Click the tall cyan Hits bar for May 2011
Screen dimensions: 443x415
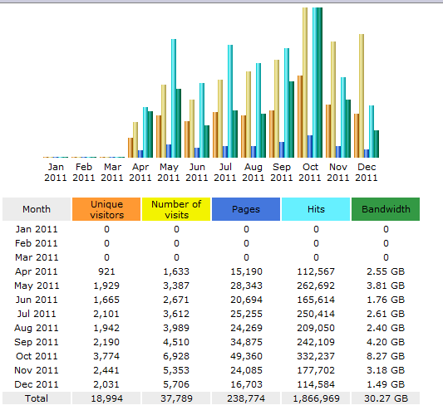pos(174,98)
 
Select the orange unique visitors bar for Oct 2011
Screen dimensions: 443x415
pos(300,116)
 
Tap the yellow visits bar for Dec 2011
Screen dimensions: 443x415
pos(362,96)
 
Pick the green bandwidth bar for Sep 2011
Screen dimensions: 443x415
pos(292,120)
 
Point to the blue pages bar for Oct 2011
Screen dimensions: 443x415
pos(310,146)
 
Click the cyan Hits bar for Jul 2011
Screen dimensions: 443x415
pos(230,101)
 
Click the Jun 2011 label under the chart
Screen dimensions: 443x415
pos(197,173)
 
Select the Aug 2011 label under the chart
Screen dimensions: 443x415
pos(253,173)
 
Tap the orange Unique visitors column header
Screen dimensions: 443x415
pos(106,209)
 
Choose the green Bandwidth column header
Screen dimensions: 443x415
pos(386,209)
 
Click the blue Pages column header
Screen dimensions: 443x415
pos(246,209)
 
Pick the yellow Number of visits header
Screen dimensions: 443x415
pos(176,209)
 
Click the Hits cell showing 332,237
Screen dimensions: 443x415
pos(316,356)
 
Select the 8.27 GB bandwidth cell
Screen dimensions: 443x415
pos(386,356)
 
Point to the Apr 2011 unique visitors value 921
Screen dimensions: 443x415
pos(106,271)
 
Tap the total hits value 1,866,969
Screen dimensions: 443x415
pos(316,398)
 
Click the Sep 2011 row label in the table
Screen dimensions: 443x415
pos(37,342)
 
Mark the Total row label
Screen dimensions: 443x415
pos(37,398)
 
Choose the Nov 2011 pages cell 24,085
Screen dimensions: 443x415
pos(246,370)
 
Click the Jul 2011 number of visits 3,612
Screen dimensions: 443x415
pos(176,314)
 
